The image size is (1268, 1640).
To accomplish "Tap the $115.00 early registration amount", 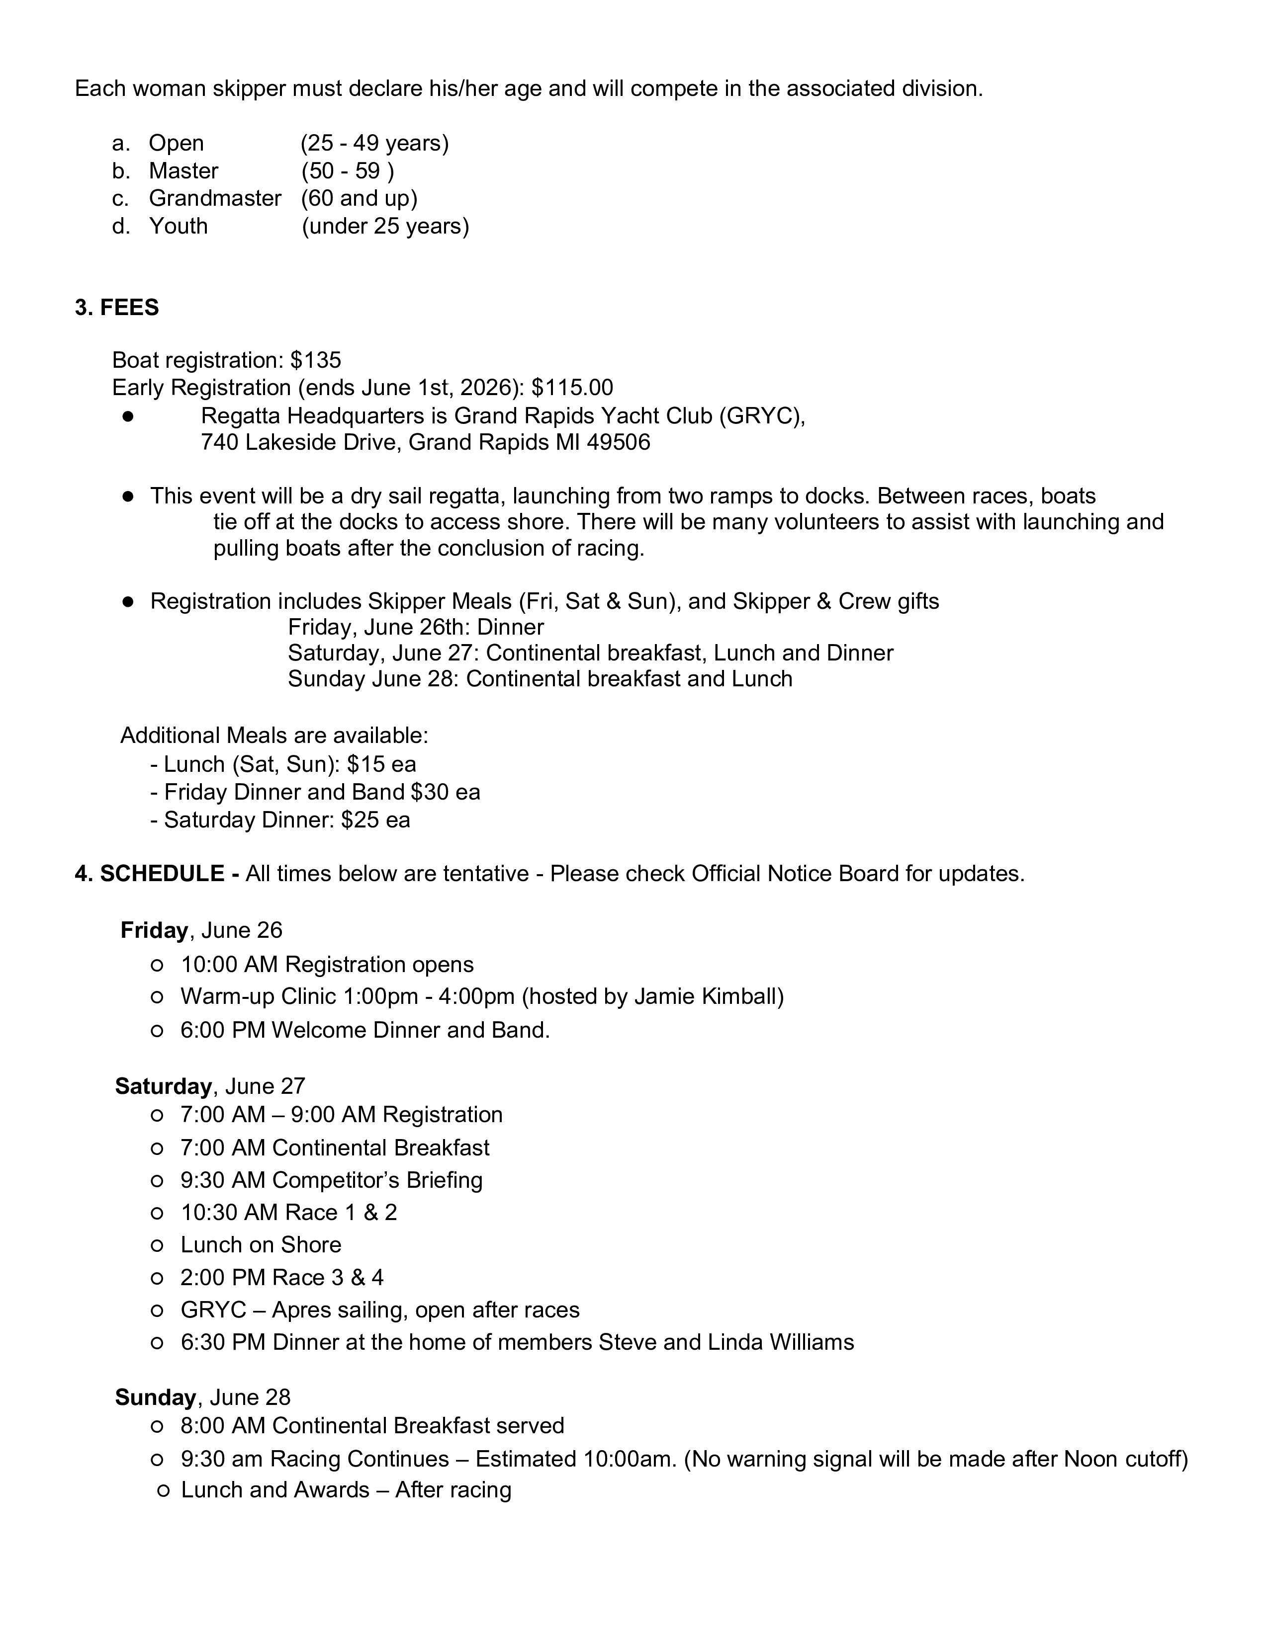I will point(572,388).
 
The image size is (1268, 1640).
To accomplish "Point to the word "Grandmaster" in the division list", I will point(215,198).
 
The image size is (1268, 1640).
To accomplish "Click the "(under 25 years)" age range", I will point(385,226).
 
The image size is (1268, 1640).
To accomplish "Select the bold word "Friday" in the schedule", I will point(154,930).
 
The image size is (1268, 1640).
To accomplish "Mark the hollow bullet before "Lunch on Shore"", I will point(157,1246).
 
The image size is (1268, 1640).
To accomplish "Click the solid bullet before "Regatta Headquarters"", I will point(128,416).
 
